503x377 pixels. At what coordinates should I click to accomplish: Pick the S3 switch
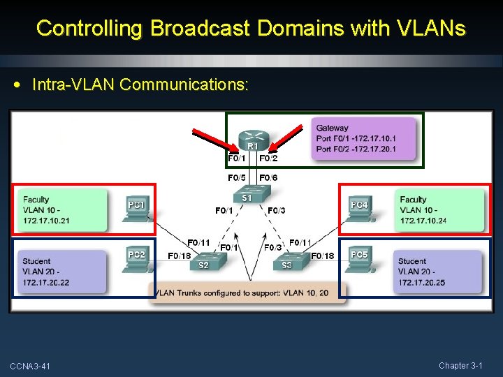[287, 262]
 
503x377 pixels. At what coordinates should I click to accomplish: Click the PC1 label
[136, 205]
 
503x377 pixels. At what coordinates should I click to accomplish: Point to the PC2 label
[136, 255]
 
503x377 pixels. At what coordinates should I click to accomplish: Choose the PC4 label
[359, 205]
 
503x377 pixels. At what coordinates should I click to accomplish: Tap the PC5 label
[359, 255]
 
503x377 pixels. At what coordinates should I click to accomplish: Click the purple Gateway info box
[364, 138]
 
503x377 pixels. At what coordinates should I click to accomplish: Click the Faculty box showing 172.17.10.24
[439, 210]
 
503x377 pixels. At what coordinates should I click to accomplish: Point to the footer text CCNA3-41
[30, 367]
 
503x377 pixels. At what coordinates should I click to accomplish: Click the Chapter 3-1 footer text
[460, 366]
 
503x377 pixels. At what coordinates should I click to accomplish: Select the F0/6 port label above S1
[269, 178]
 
